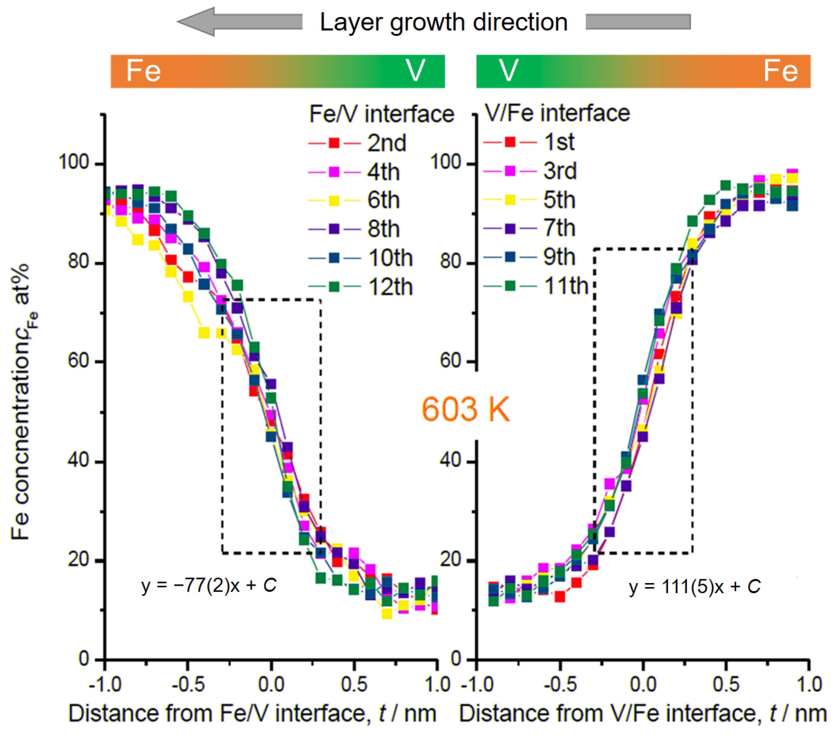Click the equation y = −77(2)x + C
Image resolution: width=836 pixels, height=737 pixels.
209,585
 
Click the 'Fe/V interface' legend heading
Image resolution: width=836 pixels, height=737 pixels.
381,114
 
